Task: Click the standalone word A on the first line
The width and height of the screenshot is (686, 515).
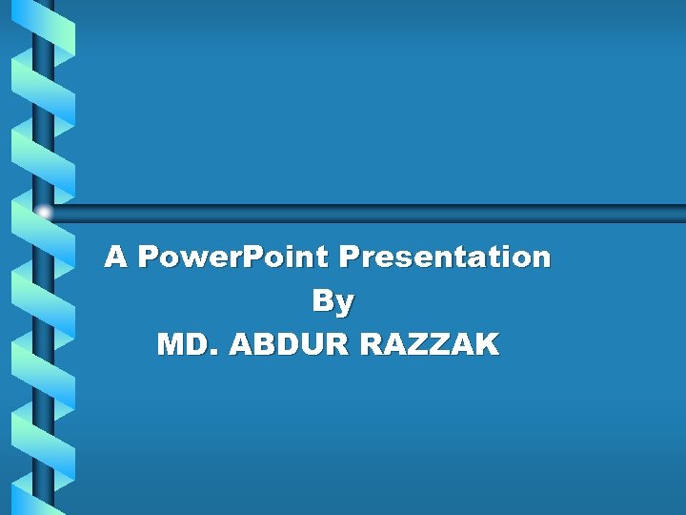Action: click(x=115, y=257)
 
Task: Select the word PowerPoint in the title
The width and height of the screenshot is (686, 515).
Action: click(x=233, y=257)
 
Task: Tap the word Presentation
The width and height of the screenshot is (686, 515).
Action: click(x=444, y=257)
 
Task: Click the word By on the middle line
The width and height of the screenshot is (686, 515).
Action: click(x=333, y=301)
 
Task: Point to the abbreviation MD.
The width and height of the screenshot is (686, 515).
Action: click(x=188, y=344)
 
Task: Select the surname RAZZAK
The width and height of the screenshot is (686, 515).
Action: click(x=430, y=344)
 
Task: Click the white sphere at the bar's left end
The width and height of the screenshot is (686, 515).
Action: click(x=44, y=213)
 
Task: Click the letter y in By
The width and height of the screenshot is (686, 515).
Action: click(x=345, y=304)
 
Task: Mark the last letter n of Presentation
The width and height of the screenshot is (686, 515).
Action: click(x=541, y=258)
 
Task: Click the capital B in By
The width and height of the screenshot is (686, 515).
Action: click(x=323, y=301)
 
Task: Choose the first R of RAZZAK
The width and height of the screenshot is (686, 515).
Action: click(x=373, y=344)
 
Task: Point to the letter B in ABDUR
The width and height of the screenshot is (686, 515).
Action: click(x=264, y=344)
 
